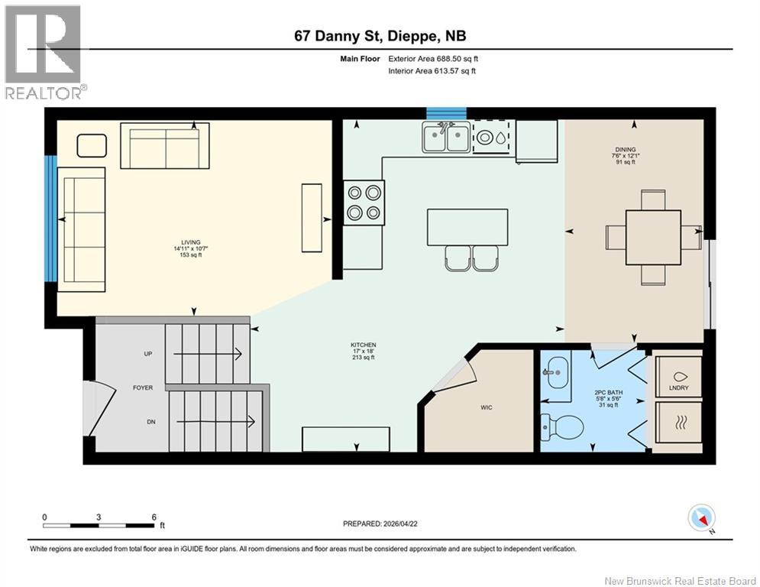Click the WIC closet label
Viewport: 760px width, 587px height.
click(x=487, y=407)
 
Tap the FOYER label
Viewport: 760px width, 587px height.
click(x=143, y=388)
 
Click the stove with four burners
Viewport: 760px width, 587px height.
click(x=364, y=202)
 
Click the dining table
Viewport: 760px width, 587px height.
click(x=653, y=237)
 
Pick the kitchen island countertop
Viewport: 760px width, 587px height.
click(x=467, y=227)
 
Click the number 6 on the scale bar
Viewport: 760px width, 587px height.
click(x=154, y=517)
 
